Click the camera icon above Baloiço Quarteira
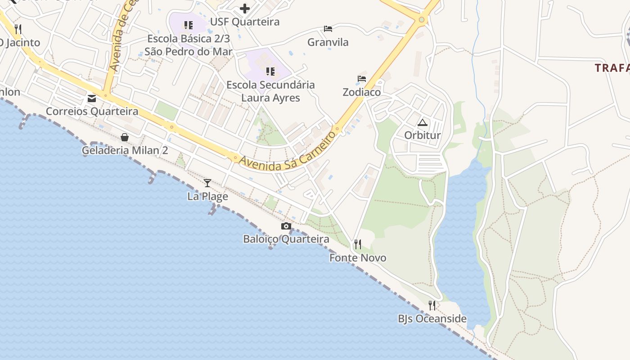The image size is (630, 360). tap(286, 226)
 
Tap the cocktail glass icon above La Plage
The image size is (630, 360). tap(207, 183)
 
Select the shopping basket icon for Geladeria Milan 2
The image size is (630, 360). tap(125, 137)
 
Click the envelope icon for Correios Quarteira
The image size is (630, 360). tap(92, 98)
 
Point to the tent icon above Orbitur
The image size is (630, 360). tap(422, 122)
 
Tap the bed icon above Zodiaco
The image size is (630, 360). tap(362, 79)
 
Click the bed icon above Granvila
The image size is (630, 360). tap(328, 29)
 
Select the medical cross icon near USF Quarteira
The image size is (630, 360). tap(245, 8)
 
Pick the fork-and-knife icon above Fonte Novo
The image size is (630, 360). tap(358, 244)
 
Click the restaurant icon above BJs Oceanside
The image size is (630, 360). tap(432, 306)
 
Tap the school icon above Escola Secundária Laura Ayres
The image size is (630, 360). tap(270, 72)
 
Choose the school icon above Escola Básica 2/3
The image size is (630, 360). tap(188, 25)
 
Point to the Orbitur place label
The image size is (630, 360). tap(422, 135)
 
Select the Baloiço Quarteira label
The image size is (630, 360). tap(286, 239)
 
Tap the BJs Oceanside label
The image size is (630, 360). tap(432, 319)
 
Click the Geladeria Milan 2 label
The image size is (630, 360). tap(125, 150)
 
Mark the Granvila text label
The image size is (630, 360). tap(328, 42)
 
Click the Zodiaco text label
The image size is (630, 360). tap(362, 92)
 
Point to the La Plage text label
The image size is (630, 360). tap(207, 196)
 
